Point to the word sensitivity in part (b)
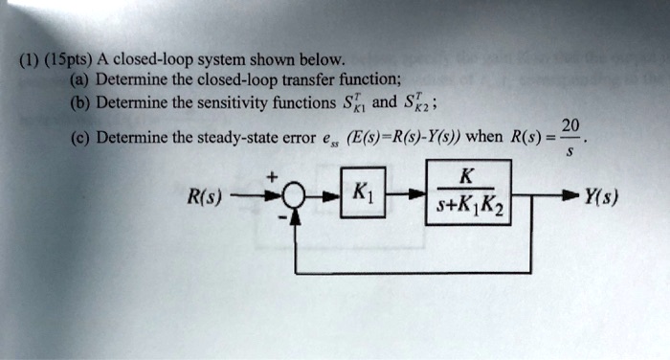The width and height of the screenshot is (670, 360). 215,102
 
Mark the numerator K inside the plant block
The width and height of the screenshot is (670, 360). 466,178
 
